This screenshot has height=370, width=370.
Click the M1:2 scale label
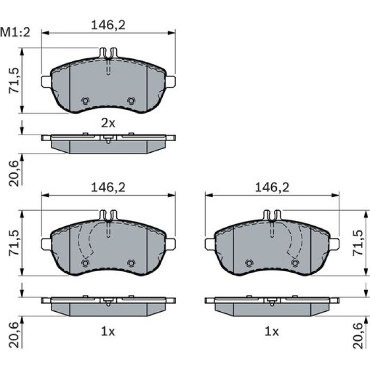point(15,32)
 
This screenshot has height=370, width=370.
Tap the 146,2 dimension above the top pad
point(108,25)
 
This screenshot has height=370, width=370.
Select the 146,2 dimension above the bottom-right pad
point(272,188)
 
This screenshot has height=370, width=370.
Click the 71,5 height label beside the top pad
point(14,81)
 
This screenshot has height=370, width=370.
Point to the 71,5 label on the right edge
point(358,243)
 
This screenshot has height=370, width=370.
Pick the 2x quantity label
point(108,123)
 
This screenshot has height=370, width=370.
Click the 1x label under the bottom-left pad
point(108,332)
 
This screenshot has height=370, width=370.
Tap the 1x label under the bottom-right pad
point(272,332)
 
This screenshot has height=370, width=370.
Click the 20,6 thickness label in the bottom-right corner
point(358,336)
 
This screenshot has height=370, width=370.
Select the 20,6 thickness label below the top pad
point(14,173)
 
